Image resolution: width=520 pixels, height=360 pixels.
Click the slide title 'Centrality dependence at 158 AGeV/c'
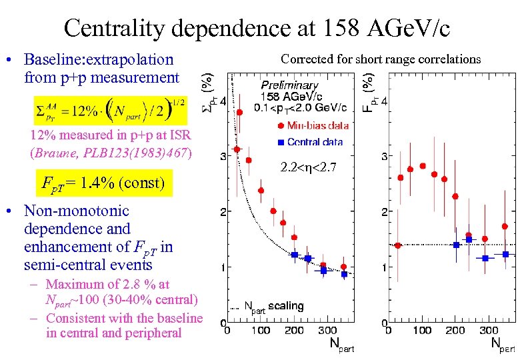pos(257,28)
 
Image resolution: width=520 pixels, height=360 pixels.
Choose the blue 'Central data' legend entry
pos(307,141)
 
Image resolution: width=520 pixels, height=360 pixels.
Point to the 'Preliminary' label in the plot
pos(289,85)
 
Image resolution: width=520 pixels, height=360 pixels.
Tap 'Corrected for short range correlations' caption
pos(381,59)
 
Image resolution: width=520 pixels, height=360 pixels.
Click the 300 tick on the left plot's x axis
pos(327,330)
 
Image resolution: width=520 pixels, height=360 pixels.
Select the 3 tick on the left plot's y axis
pos(221,157)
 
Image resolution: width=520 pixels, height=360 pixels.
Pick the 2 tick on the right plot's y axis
pos(384,212)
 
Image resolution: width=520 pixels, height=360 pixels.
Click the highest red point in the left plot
pos(239,112)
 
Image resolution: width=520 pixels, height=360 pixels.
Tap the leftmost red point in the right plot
pos(398,245)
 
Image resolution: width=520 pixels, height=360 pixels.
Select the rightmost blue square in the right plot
pos(506,254)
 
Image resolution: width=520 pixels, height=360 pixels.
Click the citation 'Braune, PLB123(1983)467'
pos(111,152)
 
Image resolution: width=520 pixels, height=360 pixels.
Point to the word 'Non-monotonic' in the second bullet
pos(77,211)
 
